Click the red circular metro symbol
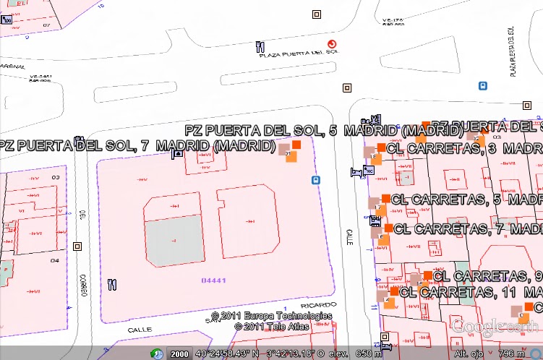[x=332, y=45]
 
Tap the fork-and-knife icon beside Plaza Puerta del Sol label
[x=260, y=48]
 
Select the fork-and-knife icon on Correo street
[x=111, y=284]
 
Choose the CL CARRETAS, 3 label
[x=463, y=148]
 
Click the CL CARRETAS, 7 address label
[x=469, y=229]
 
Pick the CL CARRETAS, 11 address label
[x=471, y=293]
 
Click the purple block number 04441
[x=214, y=280]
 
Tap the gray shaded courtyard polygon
[x=174, y=239]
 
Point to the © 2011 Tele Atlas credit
[x=271, y=326]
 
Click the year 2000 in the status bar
[x=179, y=354]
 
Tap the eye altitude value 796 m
[x=510, y=354]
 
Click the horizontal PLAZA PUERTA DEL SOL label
[x=299, y=53]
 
